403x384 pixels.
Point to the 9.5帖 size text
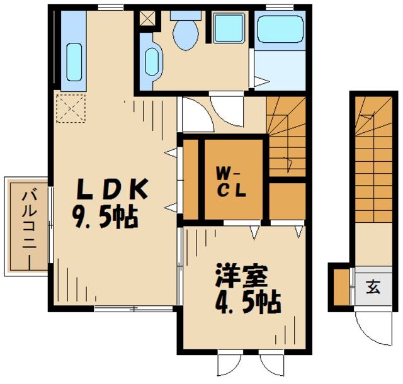pos(105,218)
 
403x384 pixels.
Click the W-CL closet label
pos(231,181)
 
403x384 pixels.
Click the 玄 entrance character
pos(373,288)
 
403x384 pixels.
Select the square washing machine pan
pos(230,28)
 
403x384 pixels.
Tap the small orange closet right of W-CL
pos(287,200)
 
